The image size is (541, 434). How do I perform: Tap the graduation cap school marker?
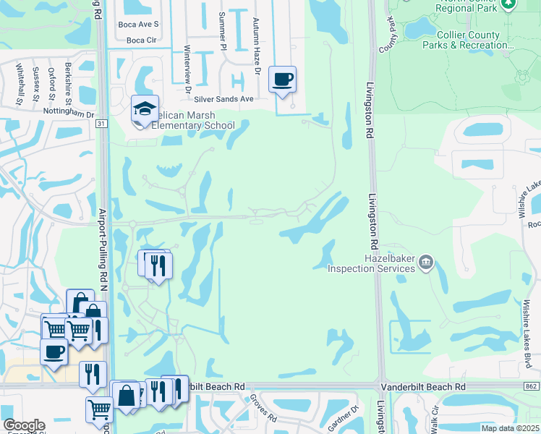pos(145,110)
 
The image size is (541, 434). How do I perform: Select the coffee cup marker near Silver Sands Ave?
pos(282,80)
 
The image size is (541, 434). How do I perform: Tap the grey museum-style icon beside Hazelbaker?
pos(427,263)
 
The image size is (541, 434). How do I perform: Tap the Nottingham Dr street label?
pos(69,114)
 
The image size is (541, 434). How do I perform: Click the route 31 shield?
pos(101,124)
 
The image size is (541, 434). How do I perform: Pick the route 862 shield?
pos(531,388)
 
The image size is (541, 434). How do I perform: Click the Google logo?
pos(24,425)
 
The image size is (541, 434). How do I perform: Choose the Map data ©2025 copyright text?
pos(508,428)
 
